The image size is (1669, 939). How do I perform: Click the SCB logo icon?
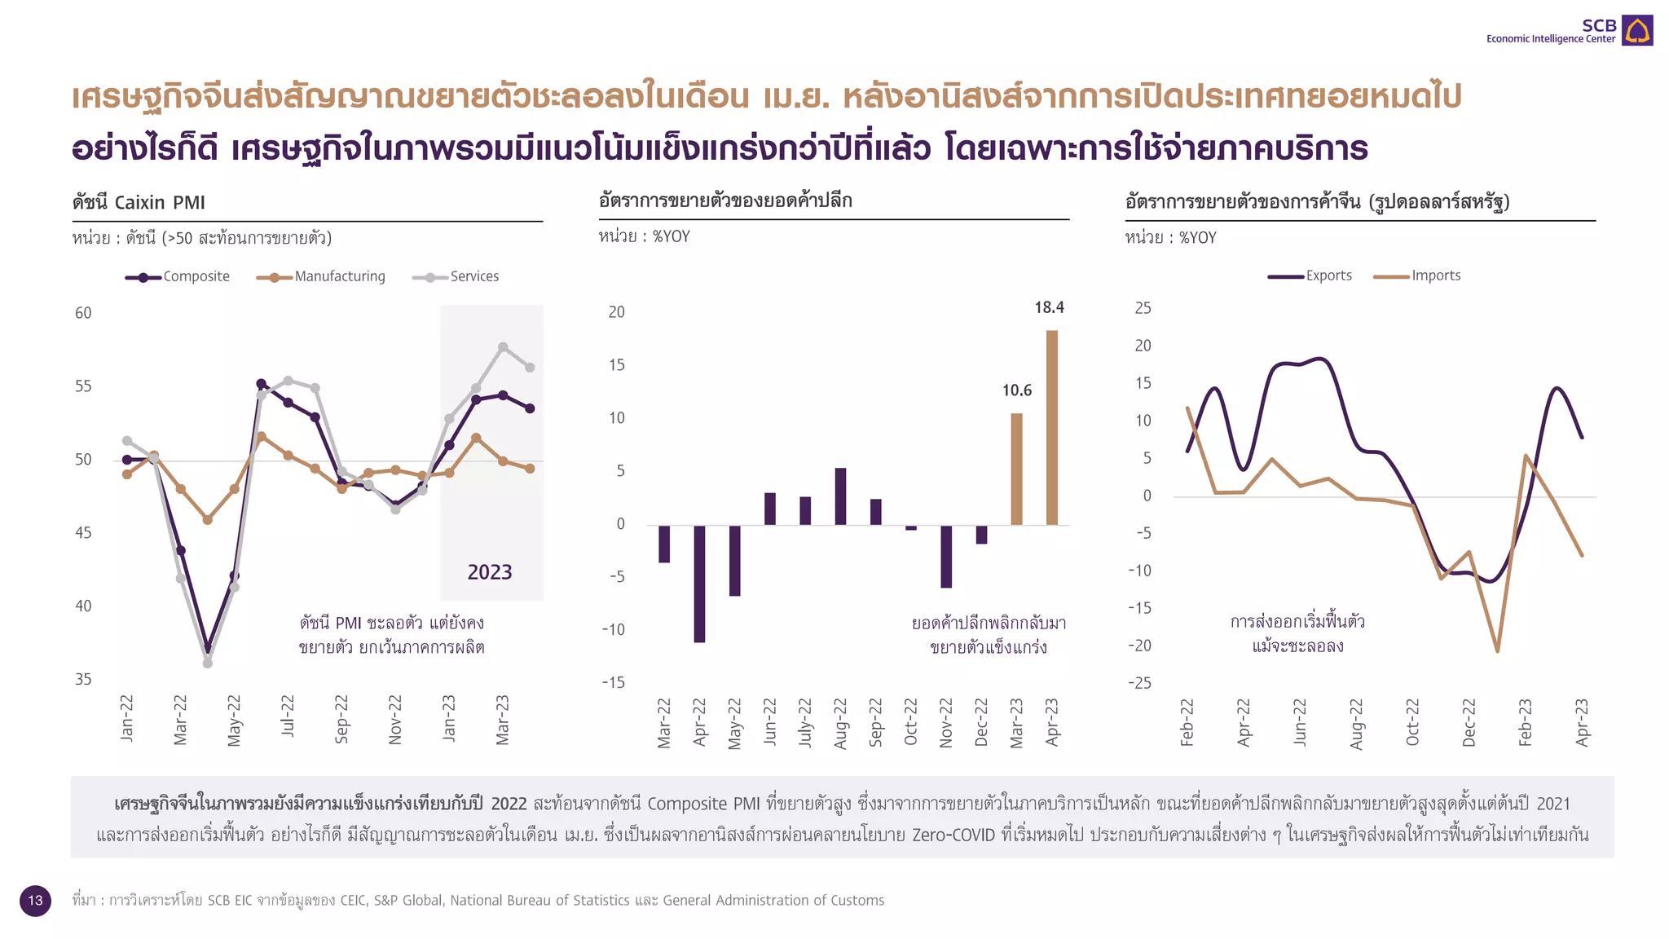[1636, 30]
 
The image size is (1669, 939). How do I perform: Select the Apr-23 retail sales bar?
[1052, 427]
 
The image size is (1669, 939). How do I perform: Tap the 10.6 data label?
[1016, 391]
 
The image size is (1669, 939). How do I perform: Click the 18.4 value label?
[1049, 308]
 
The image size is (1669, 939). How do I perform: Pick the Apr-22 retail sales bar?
[699, 584]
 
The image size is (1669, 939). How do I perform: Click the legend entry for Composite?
[178, 277]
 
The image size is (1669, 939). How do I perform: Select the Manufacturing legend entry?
[321, 277]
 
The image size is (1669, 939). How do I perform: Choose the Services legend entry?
[456, 277]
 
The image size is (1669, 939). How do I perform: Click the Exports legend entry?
[1310, 276]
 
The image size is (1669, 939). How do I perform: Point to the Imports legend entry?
[1417, 276]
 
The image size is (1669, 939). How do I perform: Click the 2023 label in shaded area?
[489, 572]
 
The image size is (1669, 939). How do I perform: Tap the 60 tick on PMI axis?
[83, 313]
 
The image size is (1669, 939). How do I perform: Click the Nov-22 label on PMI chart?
[395, 720]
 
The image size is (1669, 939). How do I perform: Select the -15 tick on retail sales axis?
[613, 683]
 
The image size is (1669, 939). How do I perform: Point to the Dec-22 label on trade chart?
[1469, 722]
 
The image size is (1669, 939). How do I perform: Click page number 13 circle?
[35, 901]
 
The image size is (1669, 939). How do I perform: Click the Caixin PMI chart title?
[139, 202]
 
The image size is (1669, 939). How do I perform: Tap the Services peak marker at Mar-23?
[503, 347]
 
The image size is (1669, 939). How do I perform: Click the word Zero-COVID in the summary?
[953, 835]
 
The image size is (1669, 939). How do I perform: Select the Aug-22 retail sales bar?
[840, 496]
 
